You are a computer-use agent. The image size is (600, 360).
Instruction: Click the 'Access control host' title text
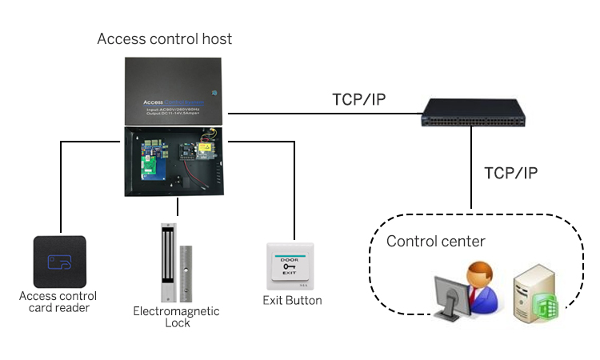pos(165,38)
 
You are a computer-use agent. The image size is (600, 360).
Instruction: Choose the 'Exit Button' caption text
pos(292,301)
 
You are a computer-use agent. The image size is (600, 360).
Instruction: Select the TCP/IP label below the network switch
pos(513,173)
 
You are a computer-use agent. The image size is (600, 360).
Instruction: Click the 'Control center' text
pos(436,241)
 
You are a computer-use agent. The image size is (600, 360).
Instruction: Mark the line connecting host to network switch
pos(320,114)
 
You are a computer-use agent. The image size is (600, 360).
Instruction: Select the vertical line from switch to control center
pos(471,168)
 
